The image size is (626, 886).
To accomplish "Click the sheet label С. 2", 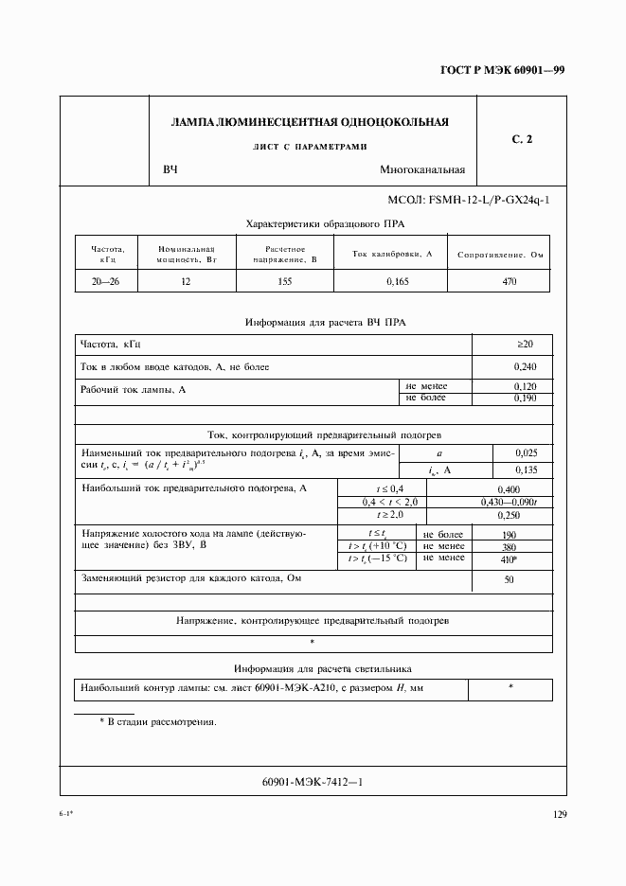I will pos(522,140).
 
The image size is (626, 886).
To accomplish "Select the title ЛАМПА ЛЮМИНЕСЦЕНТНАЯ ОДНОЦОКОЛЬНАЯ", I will pos(309,122).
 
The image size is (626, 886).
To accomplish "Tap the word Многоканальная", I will pos(421,170).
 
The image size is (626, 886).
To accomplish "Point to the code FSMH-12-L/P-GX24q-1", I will pos(468,201).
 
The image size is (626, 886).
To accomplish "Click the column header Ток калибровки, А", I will pos(391,255).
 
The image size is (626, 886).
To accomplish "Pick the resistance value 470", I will pos(509,281).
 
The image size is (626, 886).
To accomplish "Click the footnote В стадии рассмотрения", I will pos(157,721).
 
